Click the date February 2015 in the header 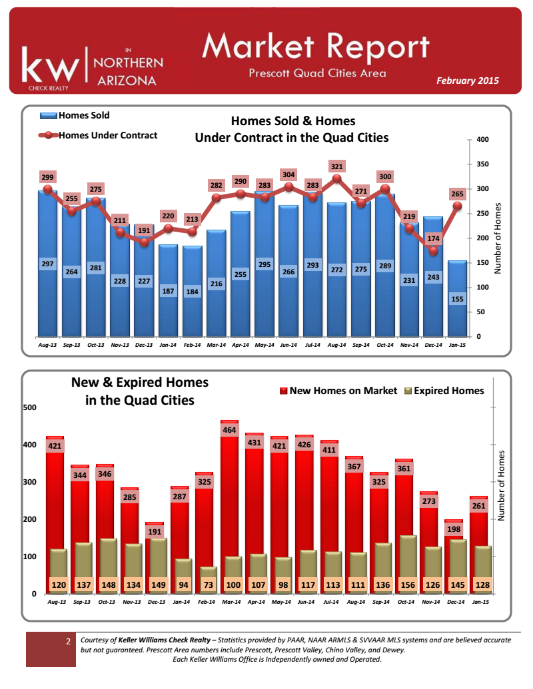pyautogui.click(x=467, y=81)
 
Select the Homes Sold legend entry pyautogui.click(x=75, y=116)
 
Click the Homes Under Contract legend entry pyautogui.click(x=98, y=135)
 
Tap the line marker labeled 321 pyautogui.click(x=336, y=178)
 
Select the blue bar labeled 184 pyautogui.click(x=192, y=293)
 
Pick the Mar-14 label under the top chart pyautogui.click(x=216, y=345)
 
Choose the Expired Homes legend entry pyautogui.click(x=443, y=391)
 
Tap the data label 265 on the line pyautogui.click(x=457, y=194)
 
